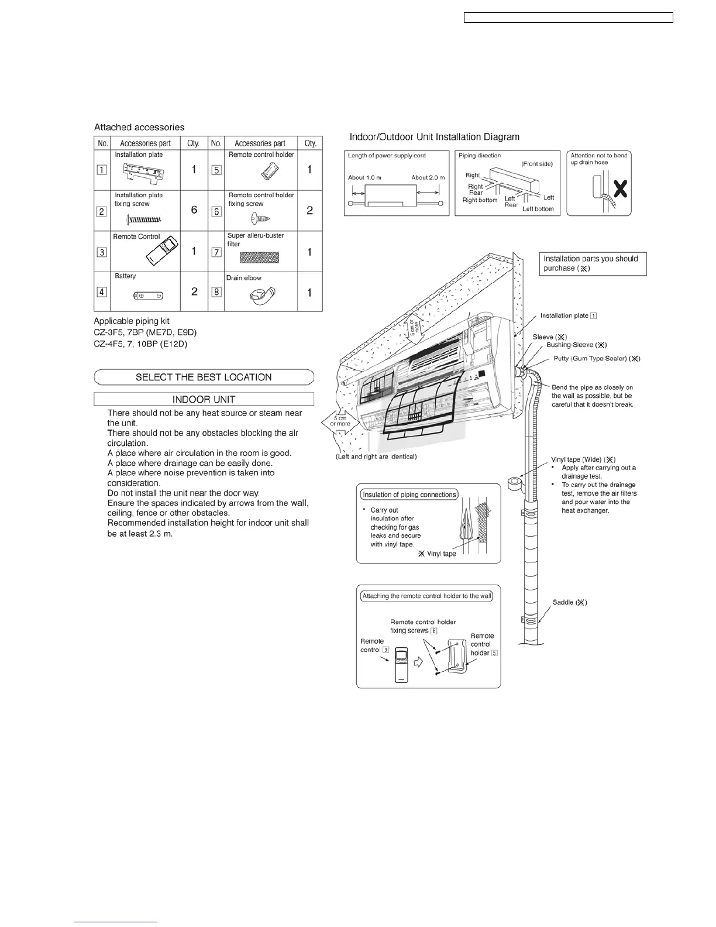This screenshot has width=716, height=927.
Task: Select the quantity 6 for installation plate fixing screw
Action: [x=194, y=210]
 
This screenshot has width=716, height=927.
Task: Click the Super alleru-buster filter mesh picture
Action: [x=260, y=256]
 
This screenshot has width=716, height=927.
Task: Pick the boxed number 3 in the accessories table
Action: [x=102, y=252]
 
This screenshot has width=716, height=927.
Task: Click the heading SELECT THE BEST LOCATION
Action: [x=204, y=377]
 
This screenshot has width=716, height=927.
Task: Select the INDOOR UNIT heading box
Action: [x=204, y=399]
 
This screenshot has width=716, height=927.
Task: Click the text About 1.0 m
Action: [x=364, y=177]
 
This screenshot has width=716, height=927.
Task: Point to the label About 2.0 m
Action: [x=428, y=177]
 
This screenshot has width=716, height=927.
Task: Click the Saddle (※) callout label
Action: [x=570, y=602]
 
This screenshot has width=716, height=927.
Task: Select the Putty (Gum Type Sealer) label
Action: [x=597, y=358]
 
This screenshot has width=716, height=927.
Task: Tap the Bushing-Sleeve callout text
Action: [x=576, y=345]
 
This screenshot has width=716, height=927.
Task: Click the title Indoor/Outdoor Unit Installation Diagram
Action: [x=434, y=137]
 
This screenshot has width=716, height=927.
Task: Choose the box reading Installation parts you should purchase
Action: [x=593, y=263]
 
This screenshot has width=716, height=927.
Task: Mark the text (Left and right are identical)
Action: [x=376, y=456]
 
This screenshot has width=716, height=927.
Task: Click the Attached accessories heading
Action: [x=139, y=127]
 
